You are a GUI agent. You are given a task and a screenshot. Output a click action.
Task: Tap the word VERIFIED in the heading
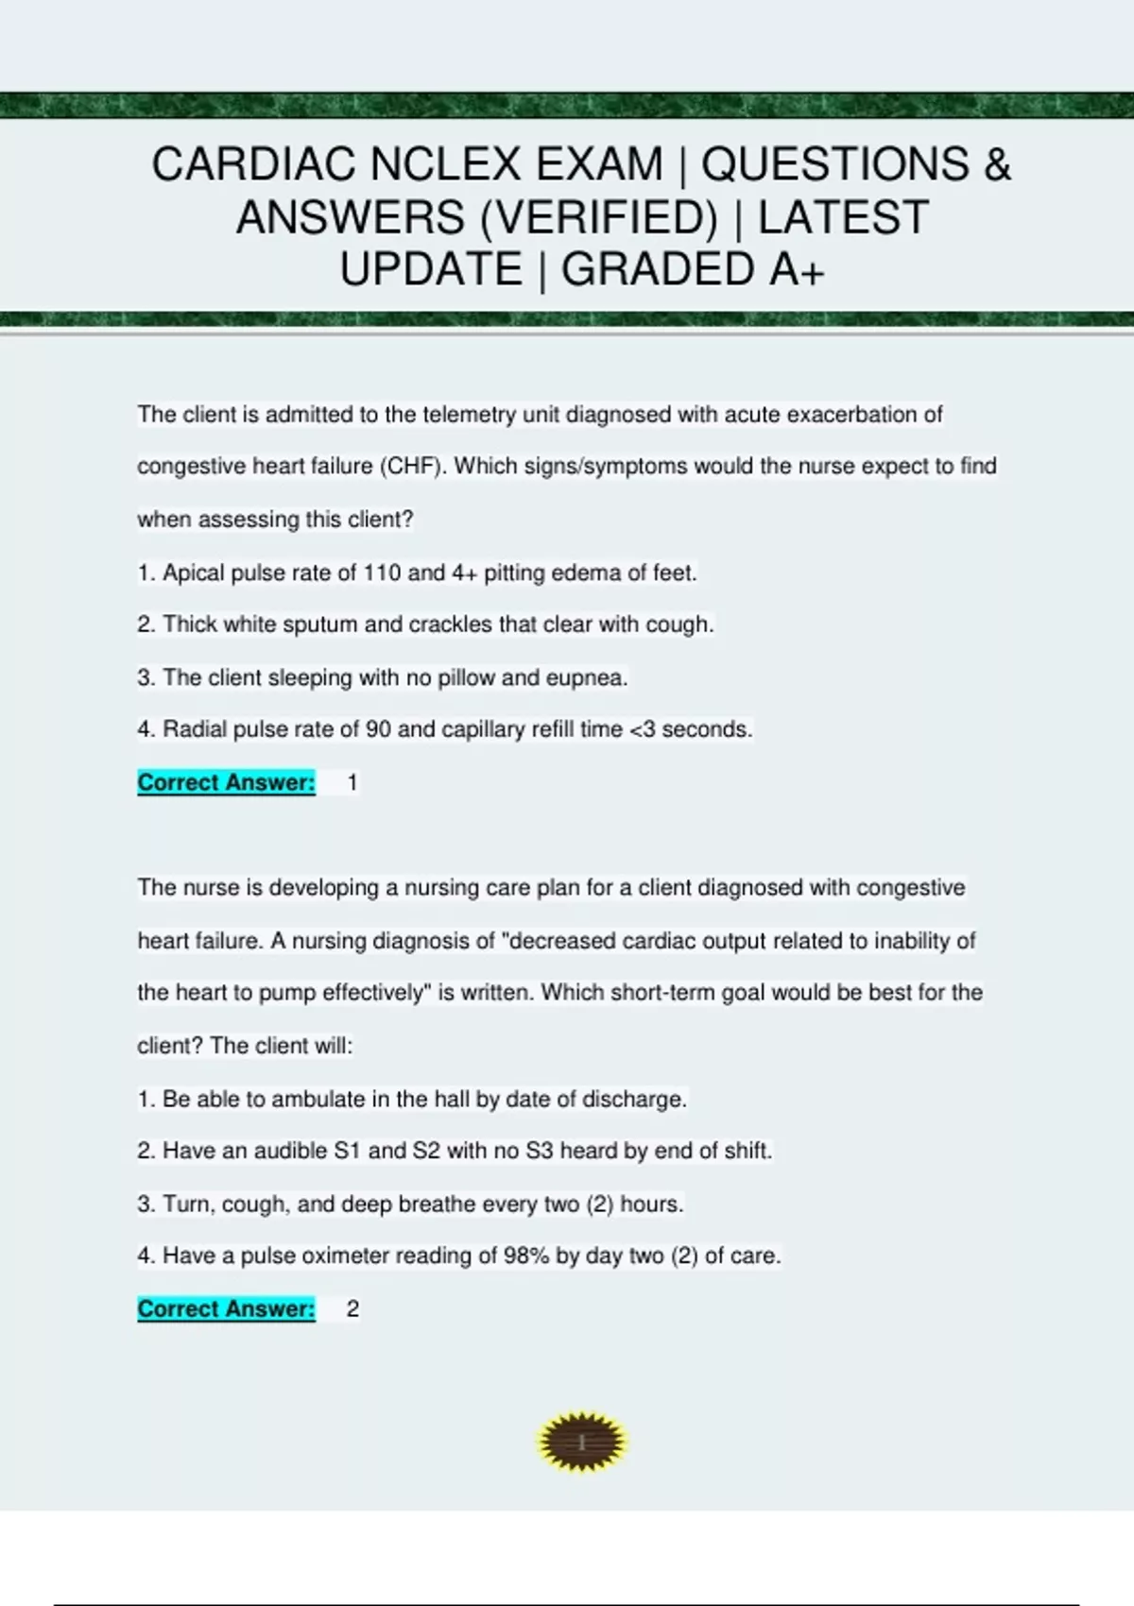599,217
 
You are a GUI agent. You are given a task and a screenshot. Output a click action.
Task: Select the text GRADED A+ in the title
693,269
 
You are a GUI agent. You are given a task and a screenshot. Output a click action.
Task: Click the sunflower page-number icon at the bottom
581,1443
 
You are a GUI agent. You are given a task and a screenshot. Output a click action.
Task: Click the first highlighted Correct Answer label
226,782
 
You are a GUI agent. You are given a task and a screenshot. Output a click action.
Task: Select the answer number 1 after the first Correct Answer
352,782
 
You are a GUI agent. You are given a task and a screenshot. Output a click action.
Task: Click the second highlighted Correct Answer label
226,1308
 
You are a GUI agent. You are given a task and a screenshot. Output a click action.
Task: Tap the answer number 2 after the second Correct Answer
352,1308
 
